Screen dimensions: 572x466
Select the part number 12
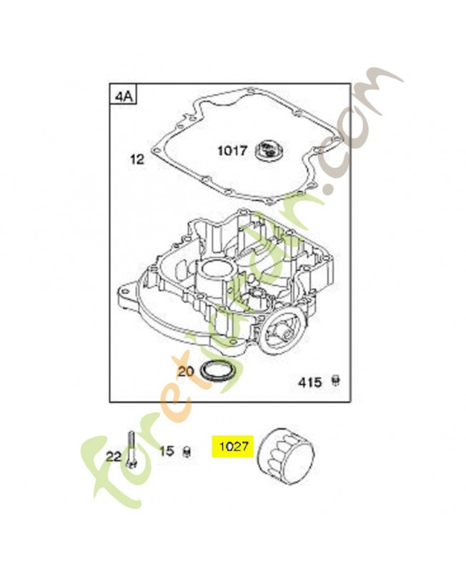(137, 159)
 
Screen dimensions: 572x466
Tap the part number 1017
(232, 151)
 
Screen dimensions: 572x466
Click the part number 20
(185, 371)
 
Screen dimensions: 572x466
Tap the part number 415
(309, 383)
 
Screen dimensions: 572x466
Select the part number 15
(167, 451)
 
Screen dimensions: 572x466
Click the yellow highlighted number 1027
(232, 448)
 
